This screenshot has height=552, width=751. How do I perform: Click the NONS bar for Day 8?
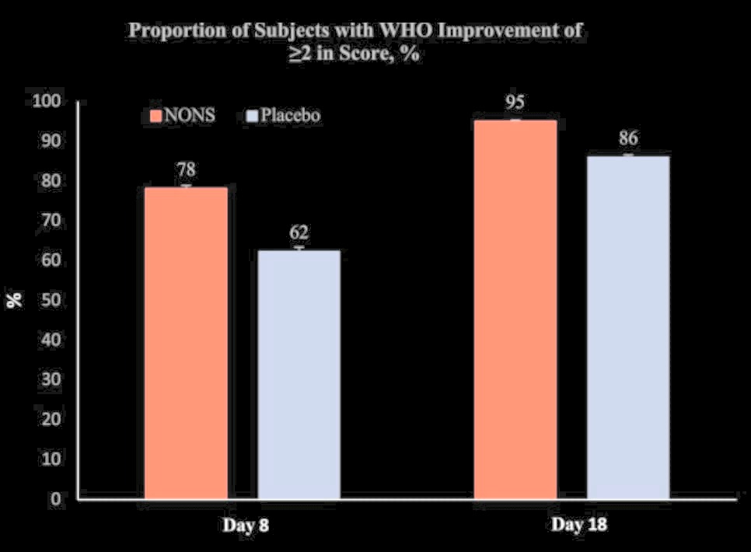click(x=187, y=342)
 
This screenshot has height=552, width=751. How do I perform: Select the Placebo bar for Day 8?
click(x=299, y=373)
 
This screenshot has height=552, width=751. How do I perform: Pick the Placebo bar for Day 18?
click(x=627, y=327)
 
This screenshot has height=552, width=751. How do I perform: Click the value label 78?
click(x=187, y=169)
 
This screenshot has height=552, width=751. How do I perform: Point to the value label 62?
click(x=299, y=232)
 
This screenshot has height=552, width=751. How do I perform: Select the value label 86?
click(x=628, y=138)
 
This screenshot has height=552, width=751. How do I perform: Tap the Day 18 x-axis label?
click(x=579, y=525)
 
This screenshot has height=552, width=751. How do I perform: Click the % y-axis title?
click(x=16, y=300)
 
